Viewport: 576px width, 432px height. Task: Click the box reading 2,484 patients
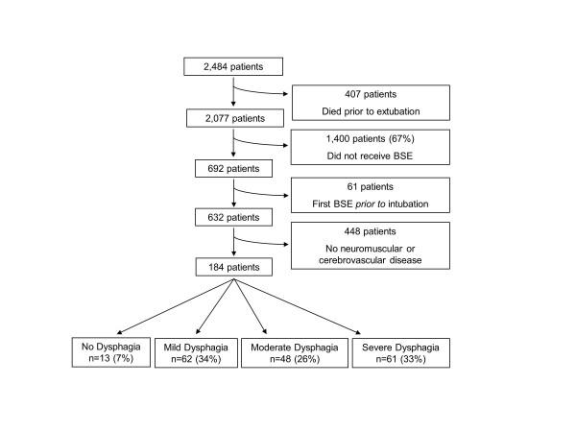(233, 66)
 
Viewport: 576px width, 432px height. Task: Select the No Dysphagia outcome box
(110, 351)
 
